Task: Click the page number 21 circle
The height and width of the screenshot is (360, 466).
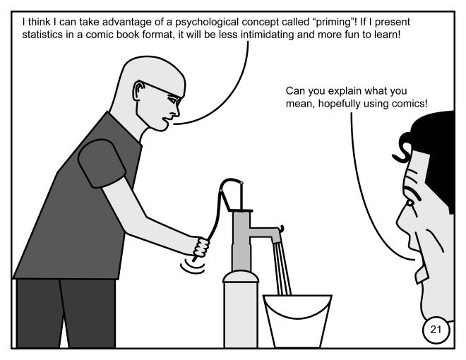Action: pyautogui.click(x=436, y=330)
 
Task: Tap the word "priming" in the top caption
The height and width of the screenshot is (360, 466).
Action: pyautogui.click(x=334, y=22)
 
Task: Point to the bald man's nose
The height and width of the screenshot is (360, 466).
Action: pyautogui.click(x=177, y=111)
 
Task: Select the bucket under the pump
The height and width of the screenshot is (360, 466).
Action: pyautogui.click(x=297, y=320)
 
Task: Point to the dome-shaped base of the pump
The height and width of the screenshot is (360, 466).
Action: pyautogui.click(x=241, y=276)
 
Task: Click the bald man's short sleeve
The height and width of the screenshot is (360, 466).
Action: pyautogui.click(x=102, y=163)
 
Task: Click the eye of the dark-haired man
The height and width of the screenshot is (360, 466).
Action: pyautogui.click(x=410, y=203)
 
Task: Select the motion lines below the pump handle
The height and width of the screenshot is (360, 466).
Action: pyautogui.click(x=193, y=266)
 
